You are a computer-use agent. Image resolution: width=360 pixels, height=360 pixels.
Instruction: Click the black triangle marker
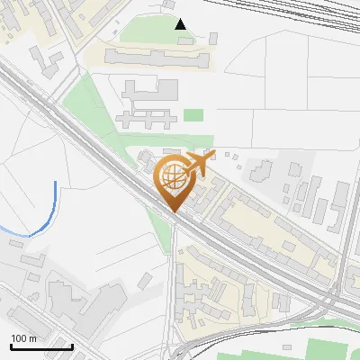(181, 23)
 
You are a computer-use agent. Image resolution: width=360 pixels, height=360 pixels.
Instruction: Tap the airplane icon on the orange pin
(200, 163)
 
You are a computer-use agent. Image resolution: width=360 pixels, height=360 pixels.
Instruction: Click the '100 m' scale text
(23, 338)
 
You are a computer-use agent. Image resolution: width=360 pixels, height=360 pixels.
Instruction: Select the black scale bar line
(41, 346)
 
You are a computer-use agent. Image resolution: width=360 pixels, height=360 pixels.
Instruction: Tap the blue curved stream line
(48, 216)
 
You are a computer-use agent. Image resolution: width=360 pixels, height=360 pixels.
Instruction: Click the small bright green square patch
(193, 114)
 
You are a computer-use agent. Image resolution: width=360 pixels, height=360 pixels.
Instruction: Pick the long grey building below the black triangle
(157, 58)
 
